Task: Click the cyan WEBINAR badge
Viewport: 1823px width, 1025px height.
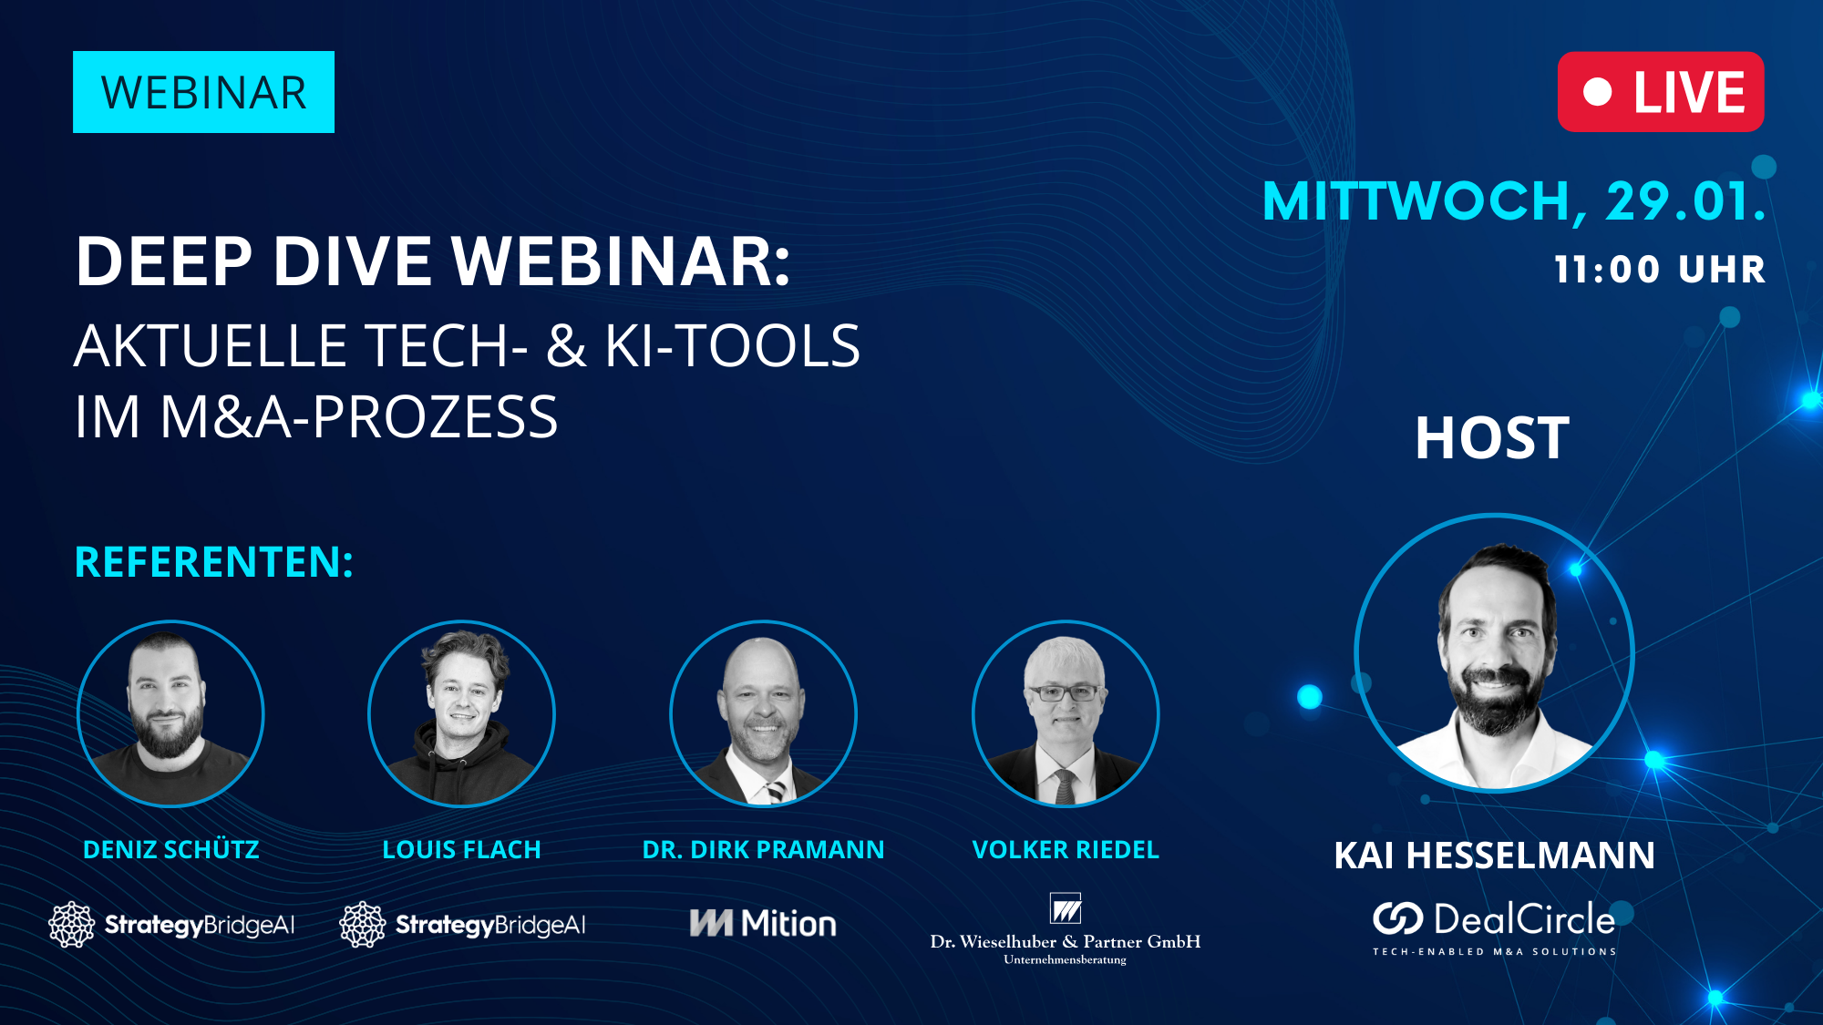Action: (x=203, y=92)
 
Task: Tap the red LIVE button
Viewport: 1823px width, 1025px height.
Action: (x=1661, y=92)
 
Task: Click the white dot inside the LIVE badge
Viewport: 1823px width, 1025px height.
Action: (x=1597, y=92)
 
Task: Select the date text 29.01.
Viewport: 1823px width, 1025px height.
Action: (x=1684, y=201)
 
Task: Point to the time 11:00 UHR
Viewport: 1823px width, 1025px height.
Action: (x=1660, y=270)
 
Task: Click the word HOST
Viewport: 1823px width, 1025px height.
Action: (x=1492, y=438)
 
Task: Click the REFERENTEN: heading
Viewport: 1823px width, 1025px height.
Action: (x=213, y=562)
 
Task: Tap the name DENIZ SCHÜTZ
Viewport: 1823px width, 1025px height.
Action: (x=170, y=849)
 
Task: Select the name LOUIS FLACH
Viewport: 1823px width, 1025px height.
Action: (x=461, y=849)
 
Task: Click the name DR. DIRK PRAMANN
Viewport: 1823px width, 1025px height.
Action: (x=763, y=849)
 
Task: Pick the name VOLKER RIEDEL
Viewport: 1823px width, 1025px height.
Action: (x=1065, y=849)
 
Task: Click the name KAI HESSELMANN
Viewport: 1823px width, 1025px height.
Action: (x=1494, y=856)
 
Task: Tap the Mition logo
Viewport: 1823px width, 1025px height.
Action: (x=763, y=923)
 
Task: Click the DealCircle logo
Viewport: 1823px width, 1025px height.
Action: (x=1494, y=920)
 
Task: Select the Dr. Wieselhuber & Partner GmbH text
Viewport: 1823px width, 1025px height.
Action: (x=1065, y=941)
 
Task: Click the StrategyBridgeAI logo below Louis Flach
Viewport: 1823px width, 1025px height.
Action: (x=463, y=925)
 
